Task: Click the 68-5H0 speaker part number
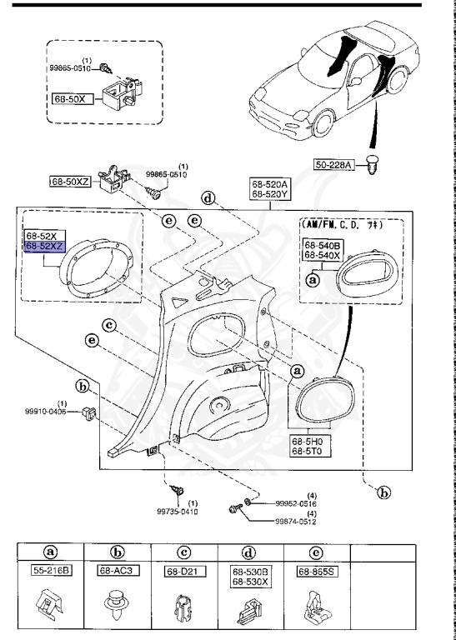click(x=308, y=441)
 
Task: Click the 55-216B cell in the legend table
click(x=52, y=572)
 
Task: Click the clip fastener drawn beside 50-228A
click(x=373, y=167)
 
